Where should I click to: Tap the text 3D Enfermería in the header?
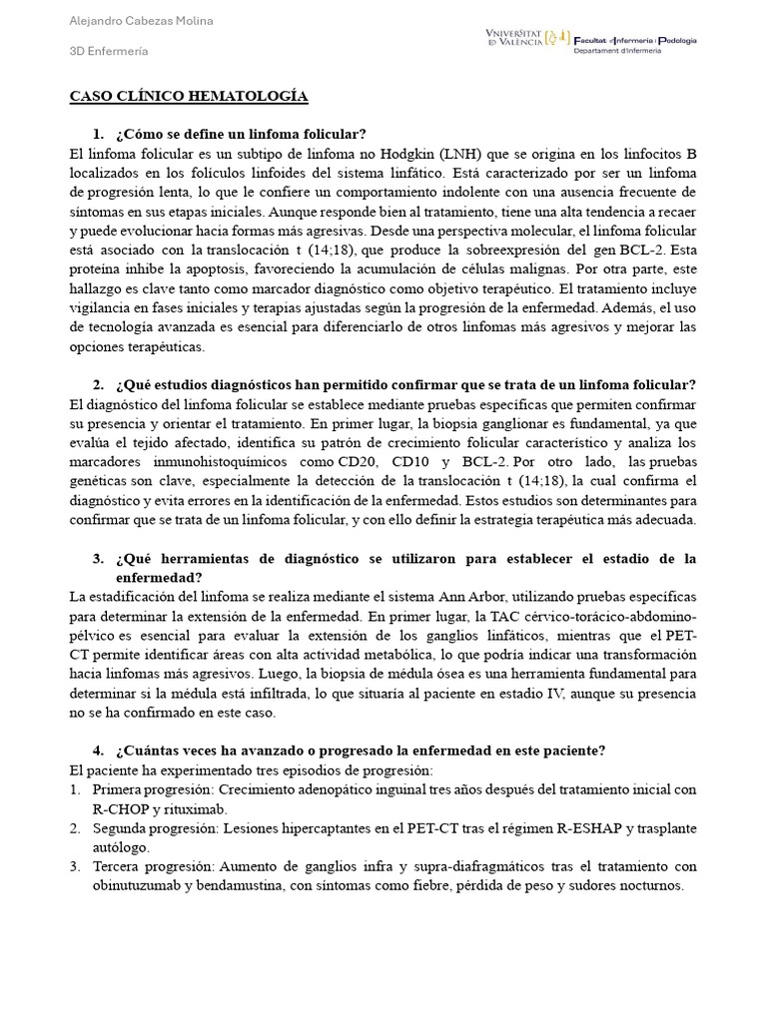click(109, 51)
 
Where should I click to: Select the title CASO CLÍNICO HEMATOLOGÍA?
click(189, 96)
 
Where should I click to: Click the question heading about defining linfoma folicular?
click(241, 134)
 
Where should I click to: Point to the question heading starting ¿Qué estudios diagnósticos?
click(405, 385)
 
